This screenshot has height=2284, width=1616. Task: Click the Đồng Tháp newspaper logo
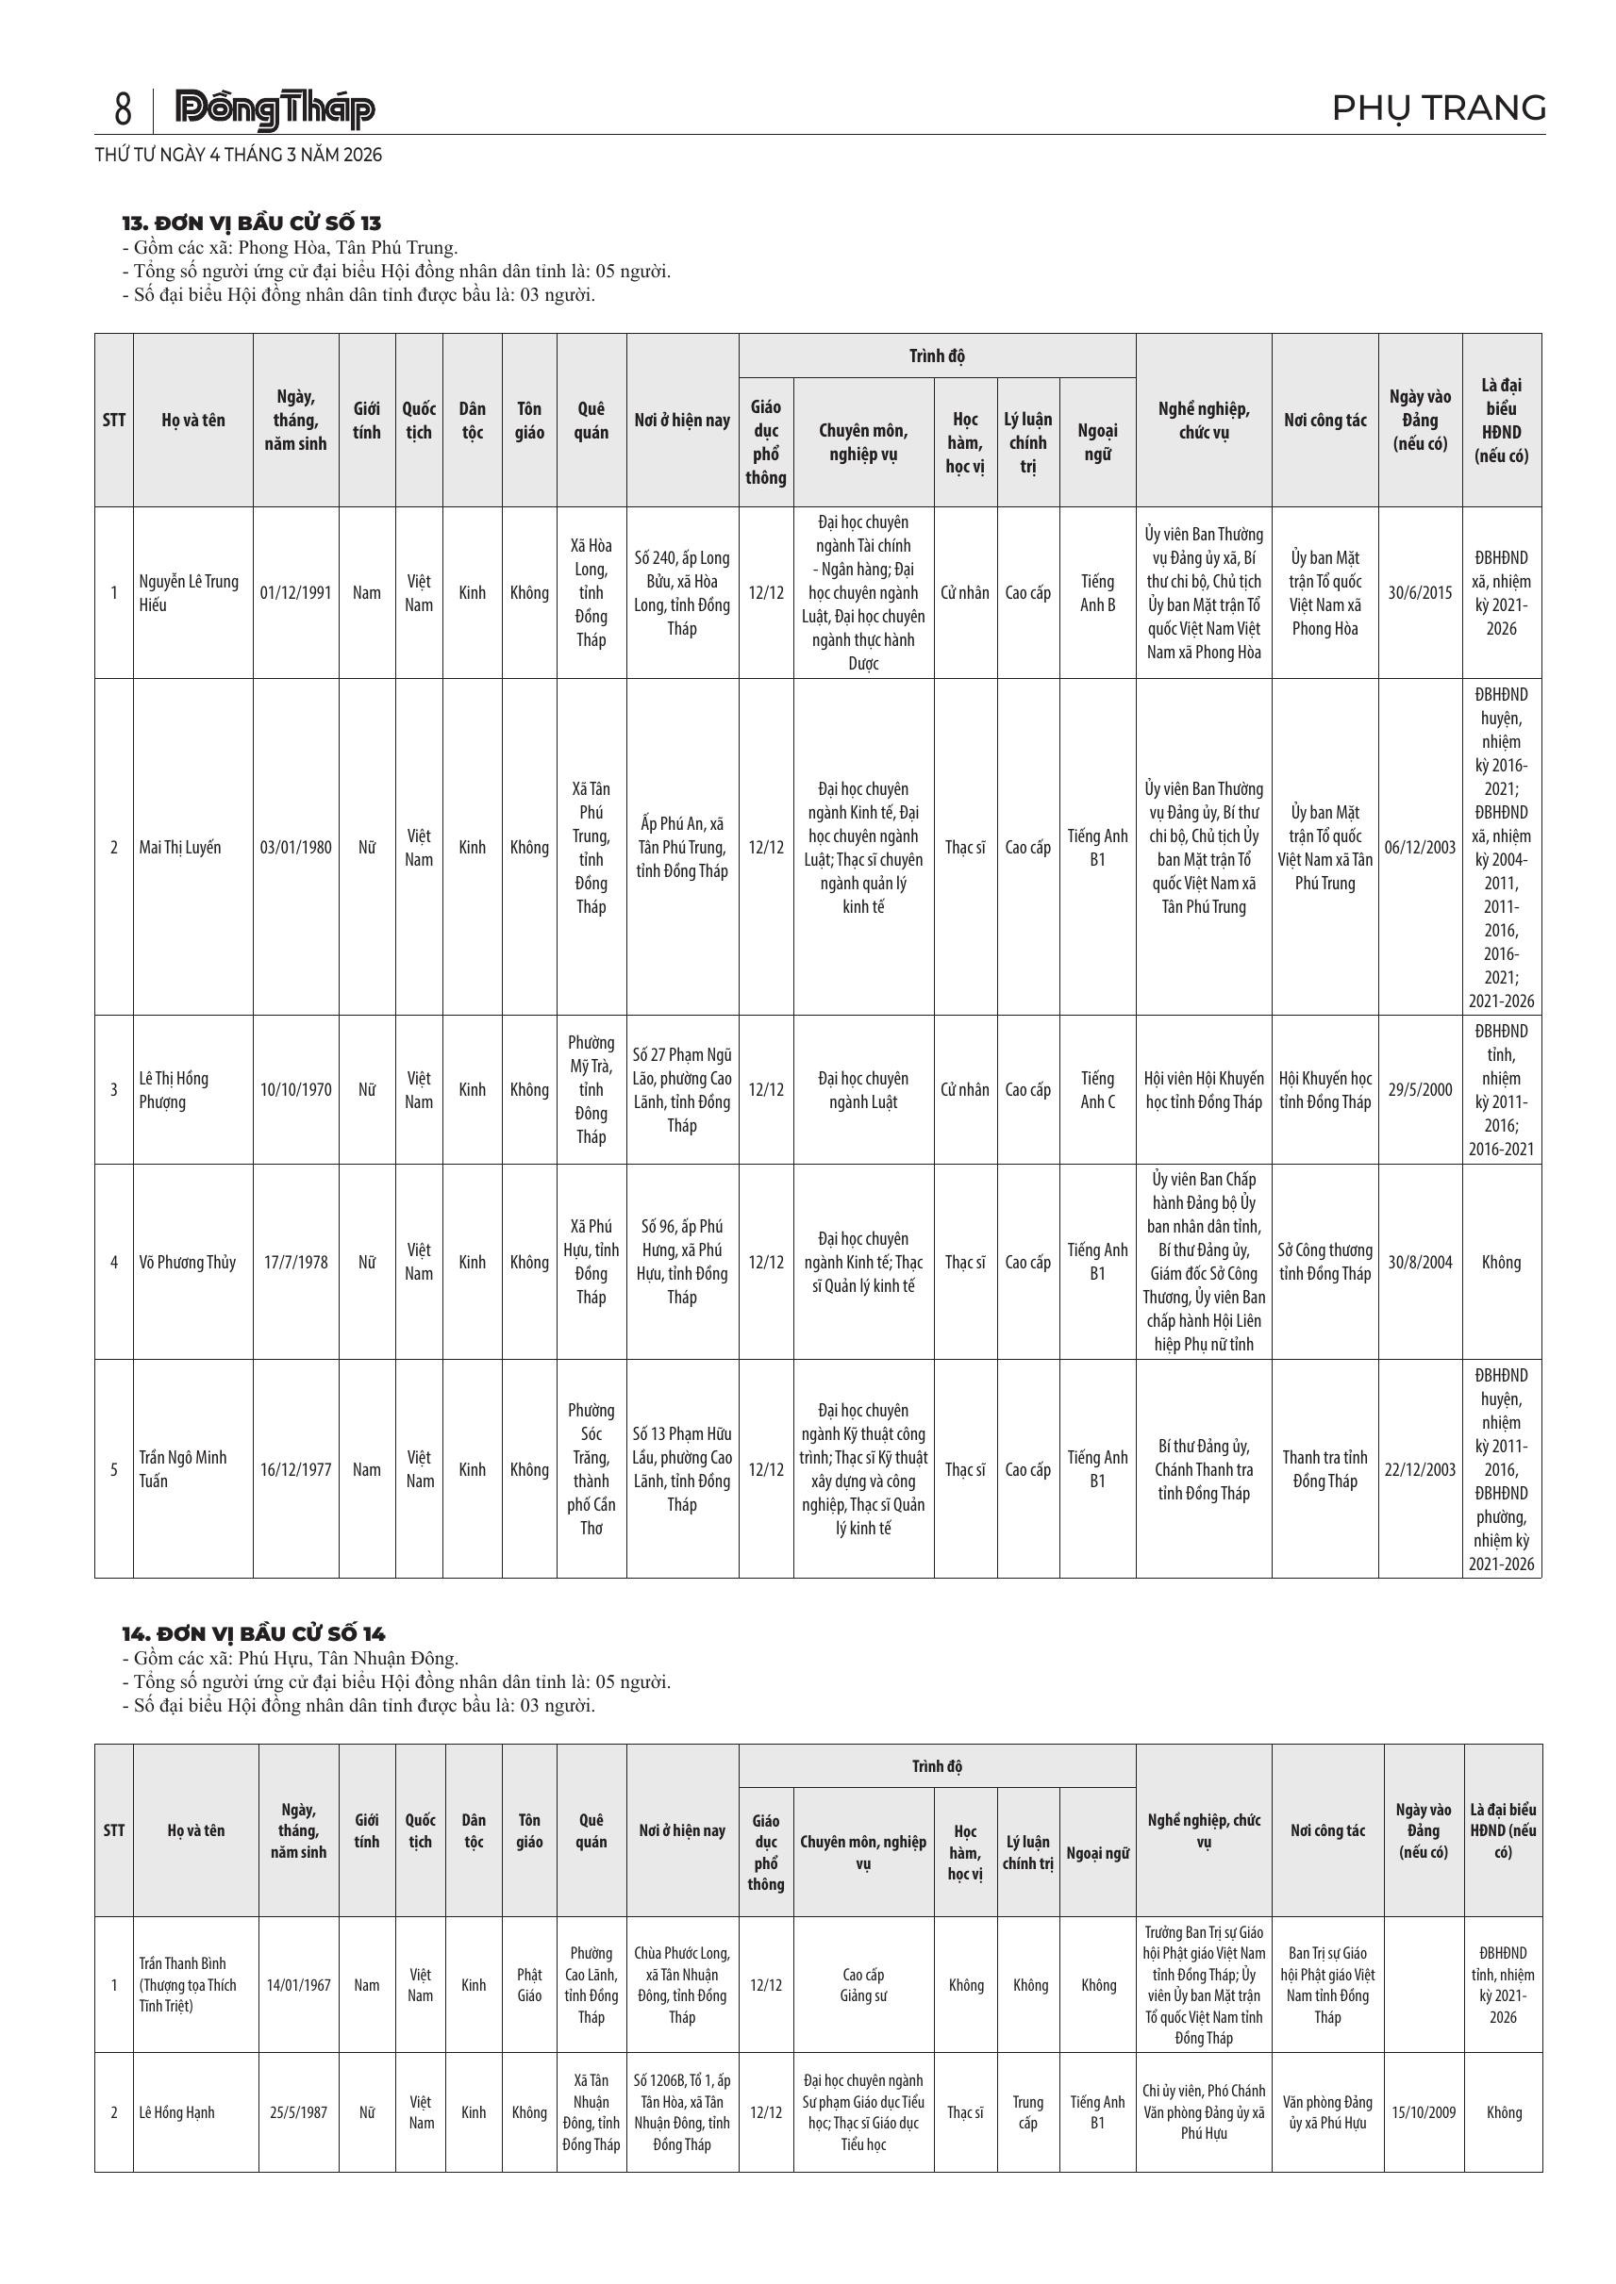click(275, 109)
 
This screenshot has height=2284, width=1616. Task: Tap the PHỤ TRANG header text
click(1438, 108)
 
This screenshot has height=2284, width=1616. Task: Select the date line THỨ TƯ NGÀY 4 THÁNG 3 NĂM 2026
click(239, 156)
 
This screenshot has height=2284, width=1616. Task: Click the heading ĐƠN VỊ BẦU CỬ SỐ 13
click(252, 223)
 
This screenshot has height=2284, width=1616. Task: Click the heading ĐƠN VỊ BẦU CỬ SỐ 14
click(254, 1633)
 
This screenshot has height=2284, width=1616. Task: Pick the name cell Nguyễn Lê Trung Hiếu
click(189, 593)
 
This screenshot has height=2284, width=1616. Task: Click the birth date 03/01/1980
click(295, 848)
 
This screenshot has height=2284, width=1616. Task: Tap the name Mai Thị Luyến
click(180, 848)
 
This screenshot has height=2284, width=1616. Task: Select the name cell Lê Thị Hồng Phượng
click(175, 1090)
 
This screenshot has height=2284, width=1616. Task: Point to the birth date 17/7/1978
click(295, 1263)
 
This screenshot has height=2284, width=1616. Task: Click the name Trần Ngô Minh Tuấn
click(183, 1469)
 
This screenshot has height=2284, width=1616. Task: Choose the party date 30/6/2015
click(1420, 593)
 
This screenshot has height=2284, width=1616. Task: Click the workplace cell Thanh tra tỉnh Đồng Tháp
click(1324, 1469)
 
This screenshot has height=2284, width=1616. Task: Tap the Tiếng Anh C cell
click(1097, 1090)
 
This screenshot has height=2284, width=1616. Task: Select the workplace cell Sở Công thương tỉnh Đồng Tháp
click(1324, 1263)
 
